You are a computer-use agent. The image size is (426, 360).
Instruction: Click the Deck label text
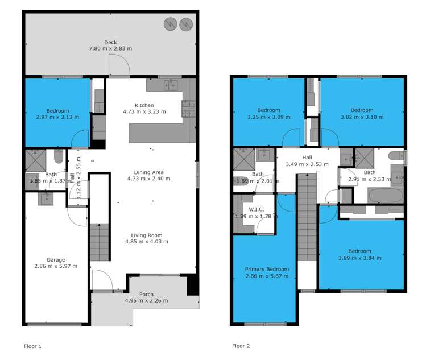pos(110,42)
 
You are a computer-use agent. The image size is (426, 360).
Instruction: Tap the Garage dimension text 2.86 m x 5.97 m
pos(56,266)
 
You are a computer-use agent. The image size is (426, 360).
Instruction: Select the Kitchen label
pos(144,105)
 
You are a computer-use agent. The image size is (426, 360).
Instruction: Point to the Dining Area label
pos(148,172)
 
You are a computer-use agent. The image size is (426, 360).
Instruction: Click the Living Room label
pos(147,235)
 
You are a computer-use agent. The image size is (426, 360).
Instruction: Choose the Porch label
pos(146,294)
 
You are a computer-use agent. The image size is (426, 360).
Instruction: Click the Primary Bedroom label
pos(267,269)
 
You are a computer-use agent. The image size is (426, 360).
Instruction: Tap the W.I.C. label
pos(257,209)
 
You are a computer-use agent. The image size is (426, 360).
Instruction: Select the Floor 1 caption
pos(33,346)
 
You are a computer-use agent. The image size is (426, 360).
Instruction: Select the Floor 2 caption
pos(241,346)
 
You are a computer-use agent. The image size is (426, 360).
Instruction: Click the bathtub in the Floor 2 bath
pos(386,196)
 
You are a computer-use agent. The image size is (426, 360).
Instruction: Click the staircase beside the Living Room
pos(100,241)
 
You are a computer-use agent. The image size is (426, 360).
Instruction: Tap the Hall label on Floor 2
pos(307,158)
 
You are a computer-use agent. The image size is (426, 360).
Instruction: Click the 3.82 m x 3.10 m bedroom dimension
pos(362,117)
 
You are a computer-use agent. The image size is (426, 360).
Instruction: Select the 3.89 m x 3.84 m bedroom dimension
pos(360,258)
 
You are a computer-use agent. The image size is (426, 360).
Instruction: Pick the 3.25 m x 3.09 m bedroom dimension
pos(268,117)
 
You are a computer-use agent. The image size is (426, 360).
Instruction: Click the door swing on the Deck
pos(119,67)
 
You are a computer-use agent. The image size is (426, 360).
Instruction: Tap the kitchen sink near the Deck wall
pos(170,85)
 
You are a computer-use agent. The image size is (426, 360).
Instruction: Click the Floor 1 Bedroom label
pos(57,110)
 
